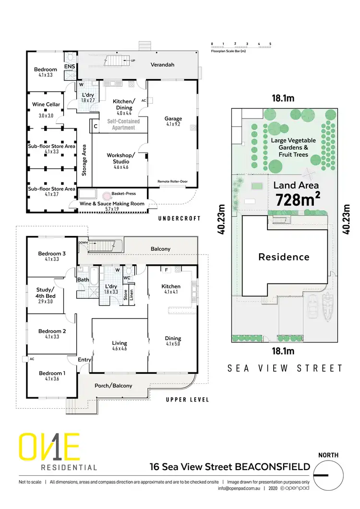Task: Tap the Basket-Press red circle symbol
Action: click(105, 195)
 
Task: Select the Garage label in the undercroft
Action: click(173, 118)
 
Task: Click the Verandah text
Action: click(162, 64)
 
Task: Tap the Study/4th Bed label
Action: click(46, 293)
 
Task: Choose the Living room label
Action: click(120, 343)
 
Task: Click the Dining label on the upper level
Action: click(173, 339)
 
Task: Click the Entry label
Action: click(84, 359)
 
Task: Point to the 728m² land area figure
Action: click(297, 199)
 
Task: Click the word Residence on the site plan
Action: click(284, 257)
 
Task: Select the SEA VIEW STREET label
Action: click(285, 368)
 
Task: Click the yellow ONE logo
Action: click(49, 447)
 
